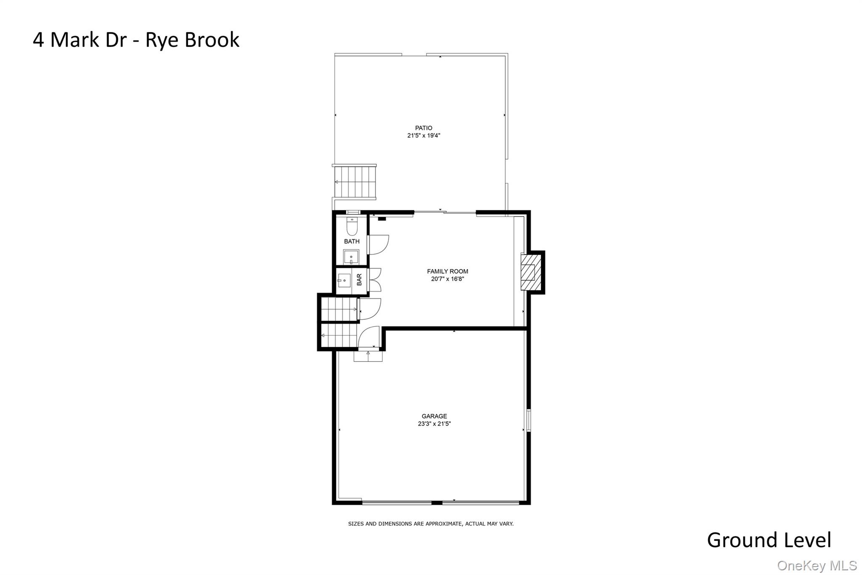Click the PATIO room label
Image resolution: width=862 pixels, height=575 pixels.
tap(423, 128)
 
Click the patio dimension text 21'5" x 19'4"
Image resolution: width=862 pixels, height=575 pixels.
tap(423, 136)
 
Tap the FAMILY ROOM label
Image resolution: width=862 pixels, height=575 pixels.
tap(447, 271)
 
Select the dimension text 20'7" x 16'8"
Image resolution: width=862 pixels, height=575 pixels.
tap(447, 279)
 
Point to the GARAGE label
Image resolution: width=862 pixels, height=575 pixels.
tap(434, 416)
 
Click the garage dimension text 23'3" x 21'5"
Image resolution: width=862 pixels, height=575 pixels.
tap(434, 424)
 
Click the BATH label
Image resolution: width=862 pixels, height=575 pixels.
tap(352, 241)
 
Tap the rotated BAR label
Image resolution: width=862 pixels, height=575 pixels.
tap(359, 280)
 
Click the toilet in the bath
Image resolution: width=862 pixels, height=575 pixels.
tap(352, 227)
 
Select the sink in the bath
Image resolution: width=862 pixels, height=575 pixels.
tap(351, 257)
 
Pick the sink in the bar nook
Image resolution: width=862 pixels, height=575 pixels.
tap(344, 280)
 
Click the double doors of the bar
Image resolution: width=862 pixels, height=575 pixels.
tap(375, 280)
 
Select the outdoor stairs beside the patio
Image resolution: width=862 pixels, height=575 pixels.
tap(355, 182)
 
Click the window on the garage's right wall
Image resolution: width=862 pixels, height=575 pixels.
tap(529, 420)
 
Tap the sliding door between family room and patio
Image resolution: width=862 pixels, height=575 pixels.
tap(445, 212)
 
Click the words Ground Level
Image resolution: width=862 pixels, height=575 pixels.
tap(769, 540)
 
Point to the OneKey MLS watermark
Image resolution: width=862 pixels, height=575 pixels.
tap(817, 565)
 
